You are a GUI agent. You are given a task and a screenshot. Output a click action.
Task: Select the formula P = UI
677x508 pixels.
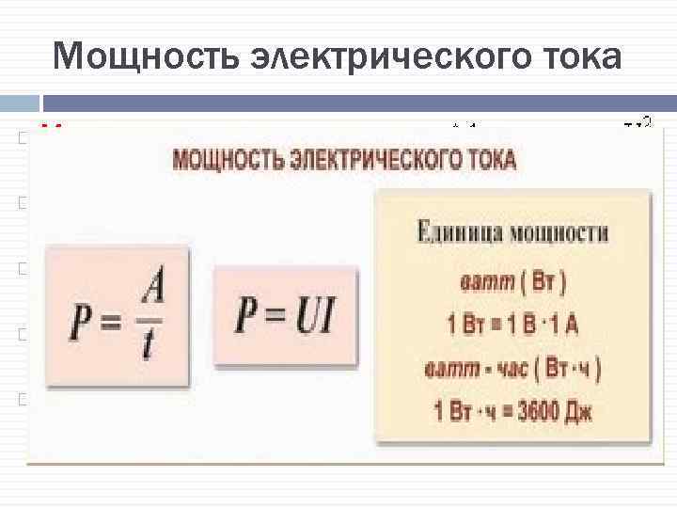pos(285,316)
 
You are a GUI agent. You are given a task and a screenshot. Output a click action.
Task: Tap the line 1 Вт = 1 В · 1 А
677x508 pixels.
pos(513,326)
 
